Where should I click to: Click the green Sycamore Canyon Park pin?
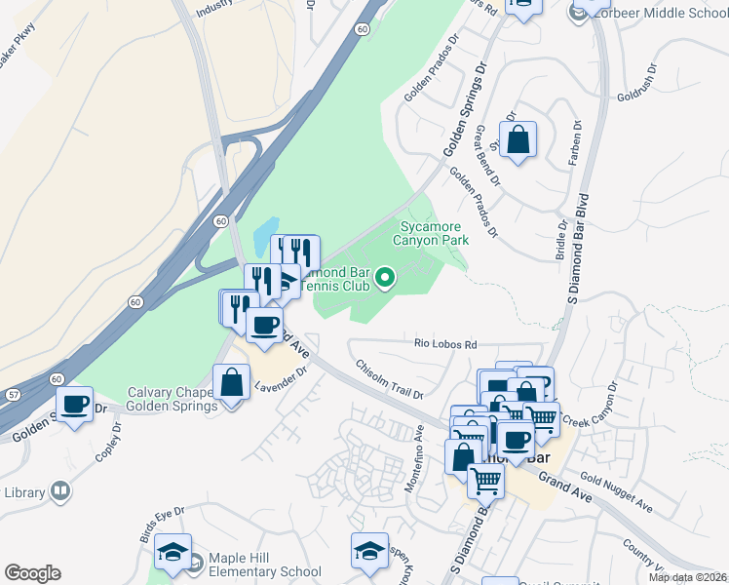(x=385, y=280)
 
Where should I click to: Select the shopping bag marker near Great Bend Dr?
(x=518, y=140)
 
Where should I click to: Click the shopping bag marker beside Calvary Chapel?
(x=232, y=383)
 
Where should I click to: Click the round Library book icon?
(x=60, y=491)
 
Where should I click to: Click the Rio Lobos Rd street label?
(x=445, y=345)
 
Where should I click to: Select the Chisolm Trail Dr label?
(x=390, y=380)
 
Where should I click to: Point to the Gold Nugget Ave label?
(x=615, y=493)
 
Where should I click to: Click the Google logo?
(x=32, y=573)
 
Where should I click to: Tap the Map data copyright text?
(x=687, y=577)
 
